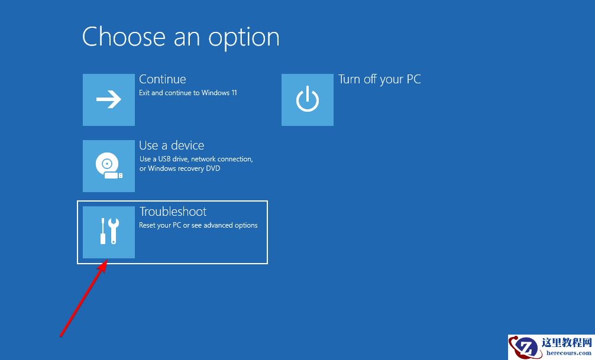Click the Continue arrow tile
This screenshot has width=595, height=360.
pos(108,100)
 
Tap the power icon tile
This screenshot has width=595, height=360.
pos(307,100)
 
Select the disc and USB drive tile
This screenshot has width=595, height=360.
pos(108,166)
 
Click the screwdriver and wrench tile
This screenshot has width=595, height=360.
pos(108,232)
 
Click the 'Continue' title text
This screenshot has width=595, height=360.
pos(162,79)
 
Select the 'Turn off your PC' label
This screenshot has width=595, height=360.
pos(379,79)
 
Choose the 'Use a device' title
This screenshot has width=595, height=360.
pos(172,145)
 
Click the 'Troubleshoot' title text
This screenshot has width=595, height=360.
pos(173,212)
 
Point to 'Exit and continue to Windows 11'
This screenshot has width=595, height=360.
pos(188,93)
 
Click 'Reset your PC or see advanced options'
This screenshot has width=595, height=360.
pos(198,225)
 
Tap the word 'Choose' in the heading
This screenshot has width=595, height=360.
pos(123,37)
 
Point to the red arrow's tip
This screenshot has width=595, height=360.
pos(106,261)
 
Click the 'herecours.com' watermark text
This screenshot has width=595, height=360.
pos(568,352)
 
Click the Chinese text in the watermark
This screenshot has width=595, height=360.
pos(567,342)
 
